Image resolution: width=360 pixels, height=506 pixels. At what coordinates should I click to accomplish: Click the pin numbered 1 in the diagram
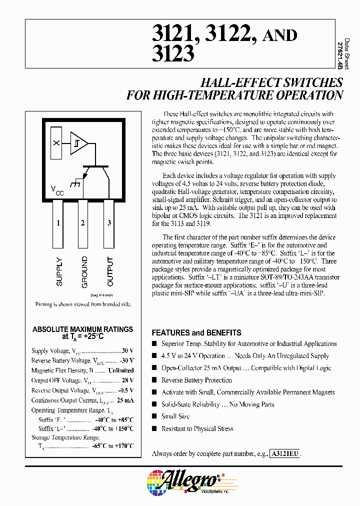(58, 223)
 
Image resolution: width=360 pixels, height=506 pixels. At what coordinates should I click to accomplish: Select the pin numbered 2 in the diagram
(82, 223)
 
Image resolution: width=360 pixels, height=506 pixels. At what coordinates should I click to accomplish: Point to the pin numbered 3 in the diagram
(109, 223)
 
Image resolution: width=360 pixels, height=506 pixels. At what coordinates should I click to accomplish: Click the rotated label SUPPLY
(59, 271)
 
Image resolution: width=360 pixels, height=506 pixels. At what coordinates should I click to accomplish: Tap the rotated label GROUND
(84, 271)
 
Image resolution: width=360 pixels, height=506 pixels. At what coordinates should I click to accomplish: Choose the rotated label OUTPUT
(110, 271)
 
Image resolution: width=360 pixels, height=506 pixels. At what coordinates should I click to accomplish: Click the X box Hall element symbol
(56, 143)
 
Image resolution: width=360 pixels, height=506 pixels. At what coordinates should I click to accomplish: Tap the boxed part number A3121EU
(285, 453)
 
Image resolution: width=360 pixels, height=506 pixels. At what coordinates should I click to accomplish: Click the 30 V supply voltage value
(127, 350)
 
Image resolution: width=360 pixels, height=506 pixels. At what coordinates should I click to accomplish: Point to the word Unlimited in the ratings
(120, 370)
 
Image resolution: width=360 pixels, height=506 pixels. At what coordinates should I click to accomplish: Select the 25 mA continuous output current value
(125, 400)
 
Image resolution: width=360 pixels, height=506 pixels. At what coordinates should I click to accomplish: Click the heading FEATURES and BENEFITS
(196, 332)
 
